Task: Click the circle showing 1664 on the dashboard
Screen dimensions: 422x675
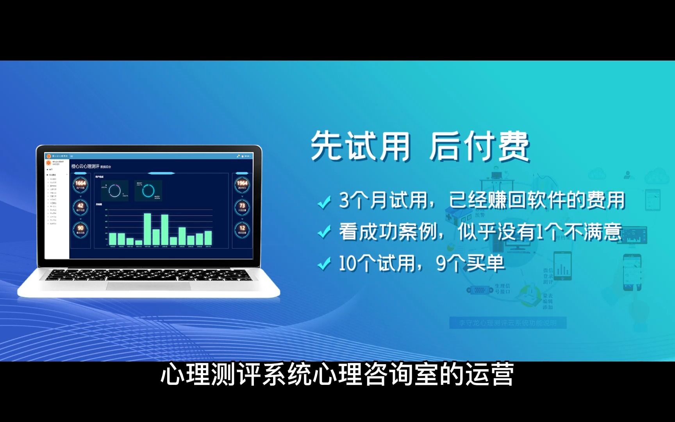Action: [80, 184]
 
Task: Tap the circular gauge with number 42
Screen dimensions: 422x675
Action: [80, 206]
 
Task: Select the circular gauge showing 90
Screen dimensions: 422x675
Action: [80, 229]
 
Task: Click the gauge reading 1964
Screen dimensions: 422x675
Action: [242, 184]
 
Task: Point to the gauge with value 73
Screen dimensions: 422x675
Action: [242, 206]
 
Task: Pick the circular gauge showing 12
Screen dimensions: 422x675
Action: [242, 229]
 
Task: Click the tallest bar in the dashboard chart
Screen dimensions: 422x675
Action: [148, 229]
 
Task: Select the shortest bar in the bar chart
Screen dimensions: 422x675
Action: [139, 242]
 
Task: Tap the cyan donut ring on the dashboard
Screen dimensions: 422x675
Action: [148, 191]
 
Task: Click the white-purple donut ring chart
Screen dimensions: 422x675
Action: [114, 191]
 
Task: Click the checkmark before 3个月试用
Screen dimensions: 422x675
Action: [324, 202]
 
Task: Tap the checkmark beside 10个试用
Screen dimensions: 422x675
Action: [324, 265]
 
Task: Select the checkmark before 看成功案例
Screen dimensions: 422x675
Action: [324, 233]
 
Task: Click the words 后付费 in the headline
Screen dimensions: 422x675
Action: [479, 146]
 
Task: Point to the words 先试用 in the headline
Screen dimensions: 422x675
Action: [361, 146]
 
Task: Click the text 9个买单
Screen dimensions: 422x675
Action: [470, 263]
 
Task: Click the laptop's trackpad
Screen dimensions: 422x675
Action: [148, 286]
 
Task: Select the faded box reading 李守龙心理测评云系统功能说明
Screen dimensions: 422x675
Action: [507, 323]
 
